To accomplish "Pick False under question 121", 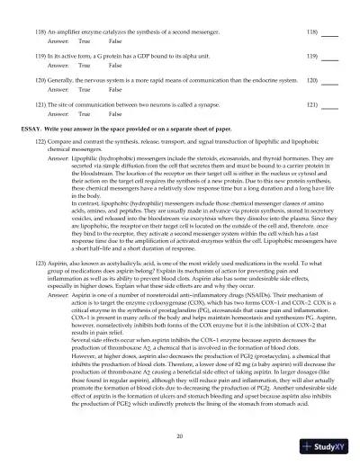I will click(115, 115).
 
